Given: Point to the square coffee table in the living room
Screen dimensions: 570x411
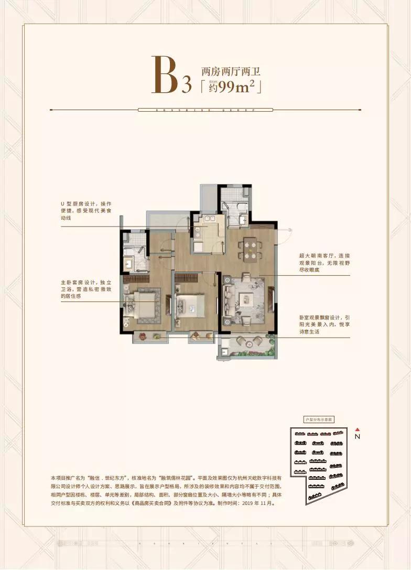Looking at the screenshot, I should tap(246, 299).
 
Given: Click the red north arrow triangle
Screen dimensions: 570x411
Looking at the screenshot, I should tap(357, 428).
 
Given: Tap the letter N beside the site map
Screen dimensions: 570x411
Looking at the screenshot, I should tap(357, 436).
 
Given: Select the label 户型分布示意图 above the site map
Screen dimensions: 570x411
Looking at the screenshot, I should tap(320, 420).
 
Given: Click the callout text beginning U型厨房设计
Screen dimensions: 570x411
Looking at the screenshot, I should tap(90, 210).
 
